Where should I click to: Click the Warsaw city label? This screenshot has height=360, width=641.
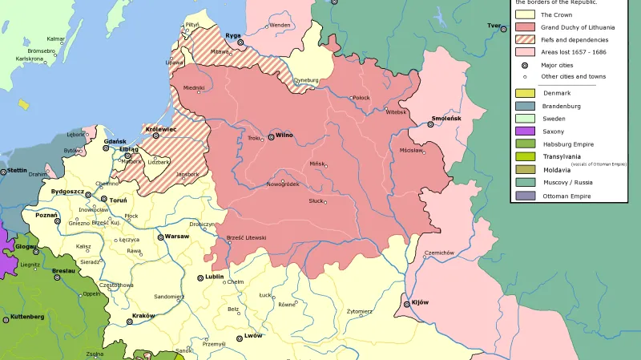(x=176, y=237)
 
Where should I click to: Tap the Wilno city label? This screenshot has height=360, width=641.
(x=284, y=136)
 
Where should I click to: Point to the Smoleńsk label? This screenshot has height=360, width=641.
(x=446, y=118)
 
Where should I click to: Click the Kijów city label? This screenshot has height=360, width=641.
(x=420, y=302)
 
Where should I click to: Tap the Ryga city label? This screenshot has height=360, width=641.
(x=233, y=35)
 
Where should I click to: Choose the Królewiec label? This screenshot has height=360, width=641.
(x=161, y=128)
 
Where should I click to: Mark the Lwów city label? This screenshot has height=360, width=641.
(x=253, y=335)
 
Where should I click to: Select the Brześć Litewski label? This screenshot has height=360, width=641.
(x=246, y=238)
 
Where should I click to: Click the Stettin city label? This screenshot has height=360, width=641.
(x=17, y=170)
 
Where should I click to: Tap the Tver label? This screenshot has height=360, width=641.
(x=494, y=26)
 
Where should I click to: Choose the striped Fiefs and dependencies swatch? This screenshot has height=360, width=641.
(x=524, y=39)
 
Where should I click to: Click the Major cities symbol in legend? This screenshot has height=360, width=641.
(x=524, y=65)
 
